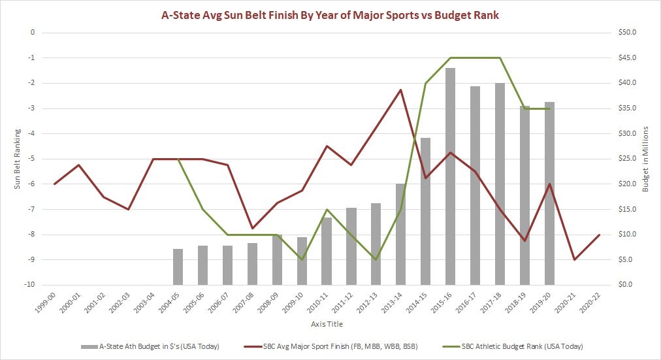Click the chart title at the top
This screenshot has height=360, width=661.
click(330, 15)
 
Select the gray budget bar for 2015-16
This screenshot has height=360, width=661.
click(451, 176)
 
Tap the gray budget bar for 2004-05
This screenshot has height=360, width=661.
click(178, 267)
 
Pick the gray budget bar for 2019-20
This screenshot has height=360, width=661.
click(549, 193)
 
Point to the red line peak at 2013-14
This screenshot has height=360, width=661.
click(401, 90)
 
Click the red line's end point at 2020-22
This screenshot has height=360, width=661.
click(599, 235)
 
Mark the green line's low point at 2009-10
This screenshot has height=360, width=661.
click(302, 259)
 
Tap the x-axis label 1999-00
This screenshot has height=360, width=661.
click(52, 301)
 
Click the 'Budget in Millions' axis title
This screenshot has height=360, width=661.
click(646, 159)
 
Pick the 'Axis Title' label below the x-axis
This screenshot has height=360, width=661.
click(325, 324)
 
